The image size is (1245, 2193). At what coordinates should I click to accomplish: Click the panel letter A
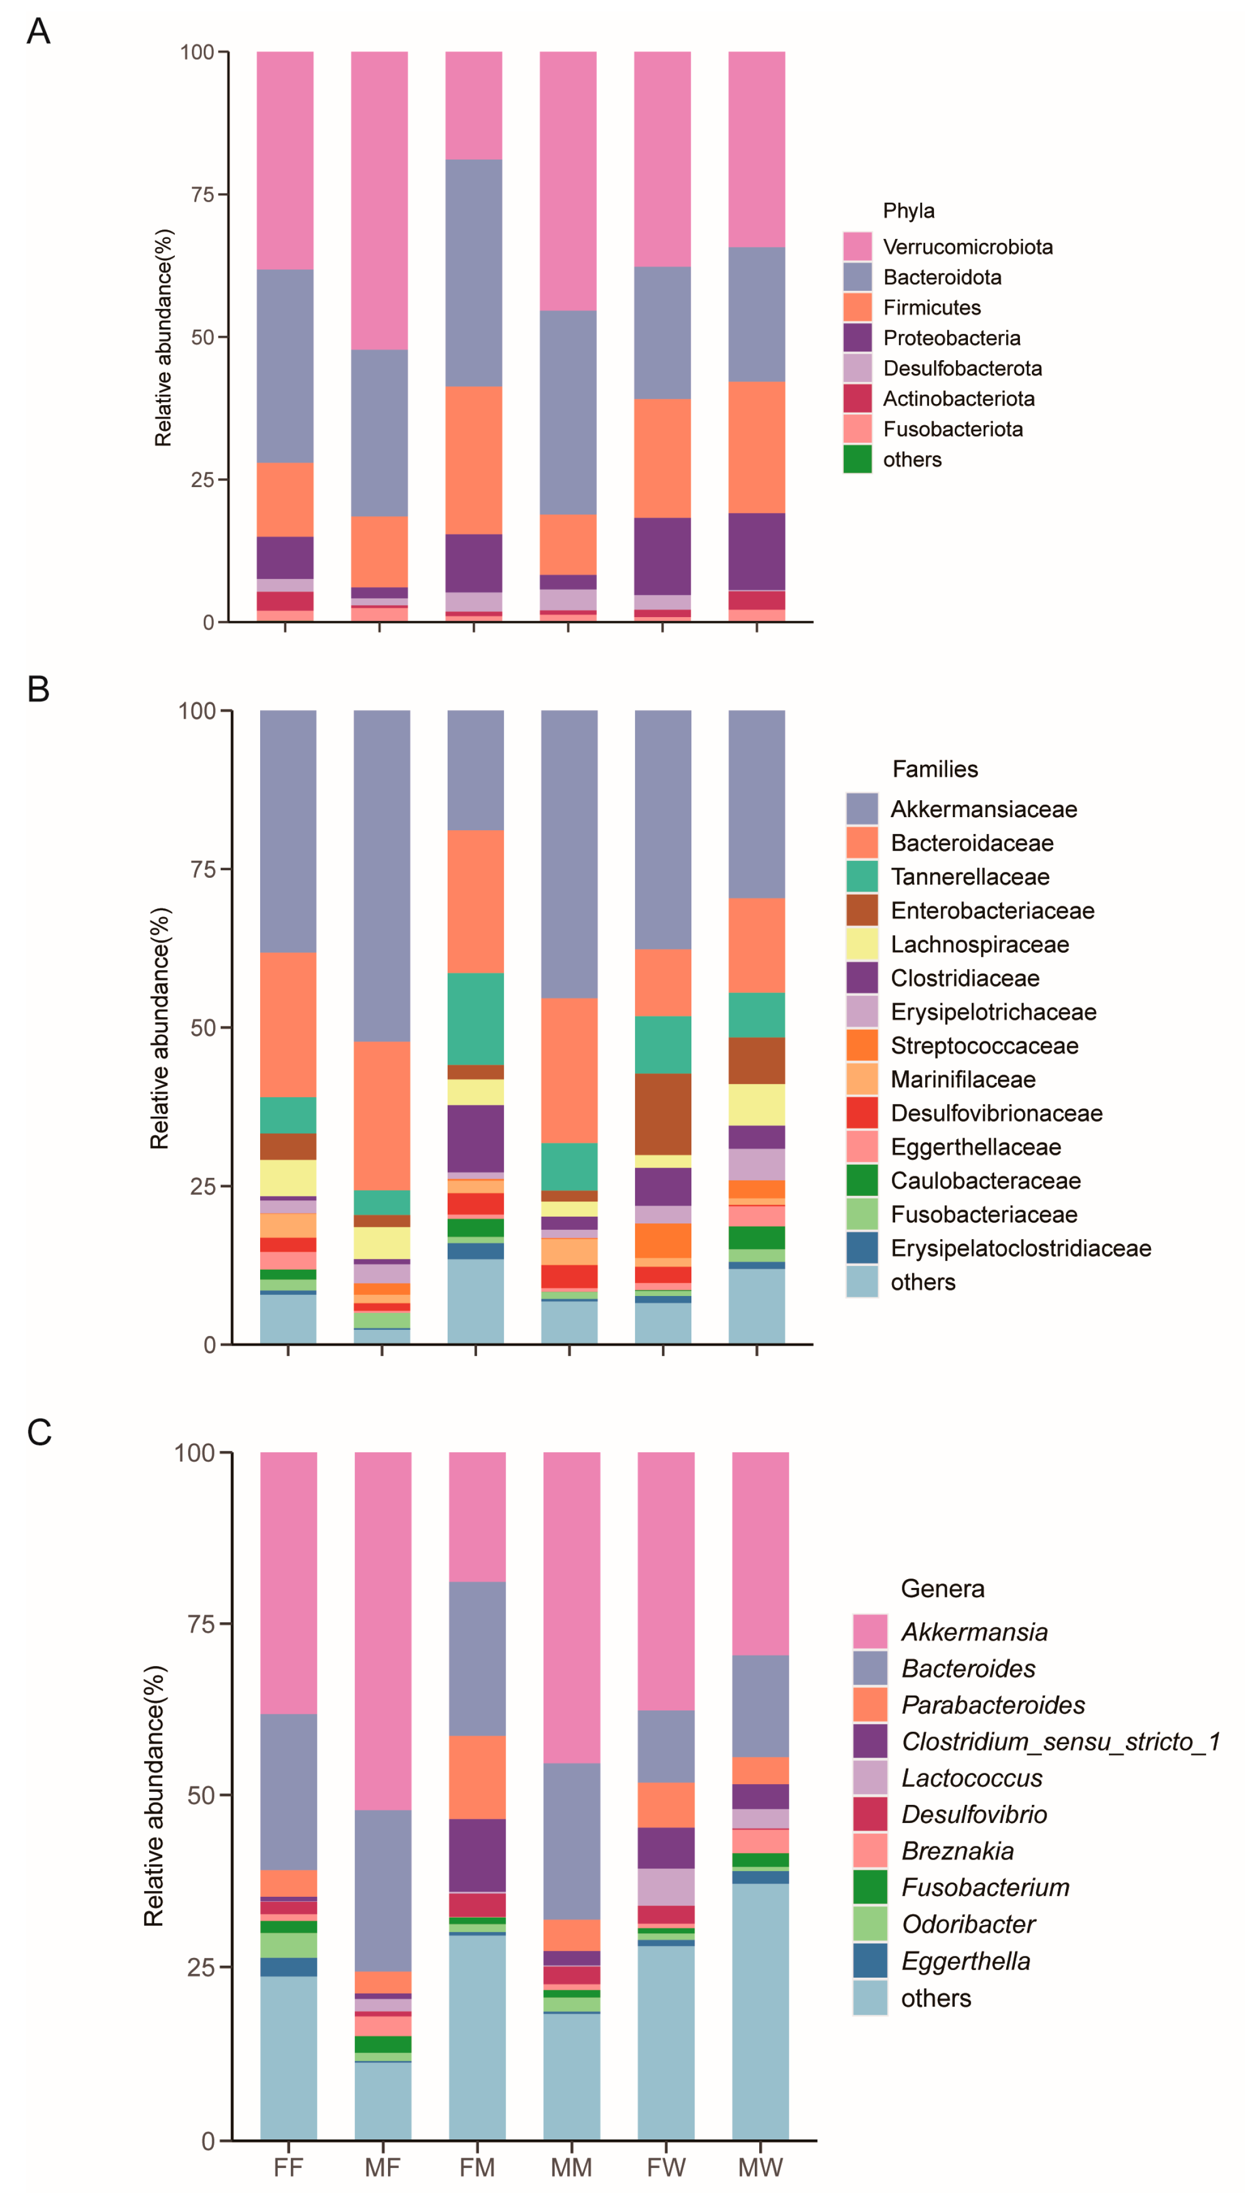(x=38, y=32)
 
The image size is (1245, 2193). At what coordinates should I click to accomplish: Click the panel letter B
(x=38, y=689)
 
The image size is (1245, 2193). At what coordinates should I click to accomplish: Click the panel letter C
(x=39, y=1432)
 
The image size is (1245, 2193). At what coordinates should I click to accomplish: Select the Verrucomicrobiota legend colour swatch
(x=857, y=246)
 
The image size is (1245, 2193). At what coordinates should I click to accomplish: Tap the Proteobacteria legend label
(x=951, y=338)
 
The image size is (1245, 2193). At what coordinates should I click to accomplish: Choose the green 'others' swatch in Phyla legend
(x=857, y=459)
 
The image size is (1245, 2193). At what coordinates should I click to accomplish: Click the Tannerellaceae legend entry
(x=970, y=876)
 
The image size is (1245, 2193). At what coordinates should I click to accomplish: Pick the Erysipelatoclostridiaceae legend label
(x=1020, y=1248)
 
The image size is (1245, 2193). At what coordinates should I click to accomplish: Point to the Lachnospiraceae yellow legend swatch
(x=862, y=944)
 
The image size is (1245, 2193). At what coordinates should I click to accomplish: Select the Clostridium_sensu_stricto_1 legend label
(x=1060, y=1741)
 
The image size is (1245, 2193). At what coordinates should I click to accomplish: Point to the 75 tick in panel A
(x=202, y=194)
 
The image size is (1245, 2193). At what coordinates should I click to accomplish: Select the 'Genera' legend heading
(x=942, y=1588)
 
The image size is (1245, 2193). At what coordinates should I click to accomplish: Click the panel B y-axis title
(x=160, y=1028)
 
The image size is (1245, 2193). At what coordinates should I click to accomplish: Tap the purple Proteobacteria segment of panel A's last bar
(x=757, y=552)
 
